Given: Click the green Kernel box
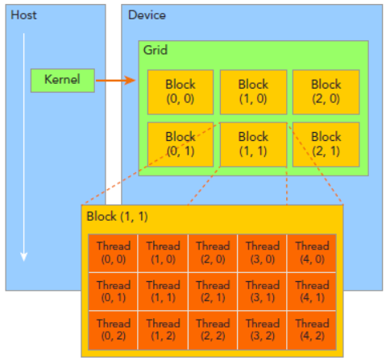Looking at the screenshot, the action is tap(63, 81).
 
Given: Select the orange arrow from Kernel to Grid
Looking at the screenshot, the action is tap(116, 81).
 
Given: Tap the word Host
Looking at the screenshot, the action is tap(23, 15).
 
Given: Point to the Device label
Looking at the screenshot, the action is tap(147, 15).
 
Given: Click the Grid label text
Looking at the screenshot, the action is tap(156, 50).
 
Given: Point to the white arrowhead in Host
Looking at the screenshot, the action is tap(24, 256).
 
